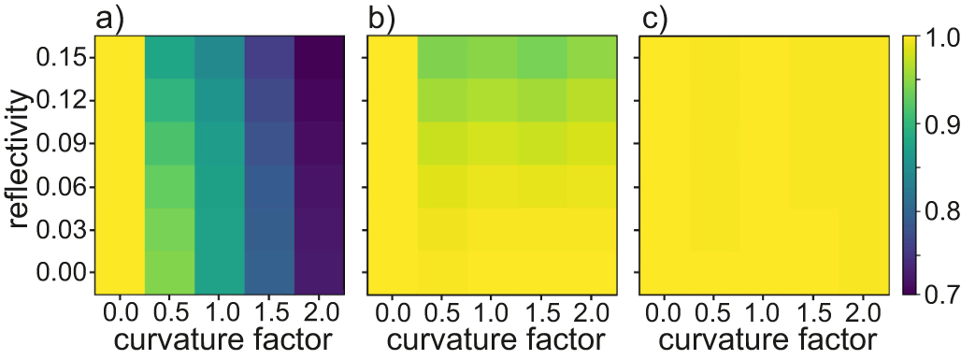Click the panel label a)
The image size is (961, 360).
(109, 18)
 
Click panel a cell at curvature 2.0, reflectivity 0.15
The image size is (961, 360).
(321, 58)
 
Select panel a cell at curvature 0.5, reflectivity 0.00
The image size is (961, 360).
(170, 272)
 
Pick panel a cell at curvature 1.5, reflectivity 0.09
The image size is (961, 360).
(270, 144)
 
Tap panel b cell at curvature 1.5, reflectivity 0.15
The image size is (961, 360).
(541, 58)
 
